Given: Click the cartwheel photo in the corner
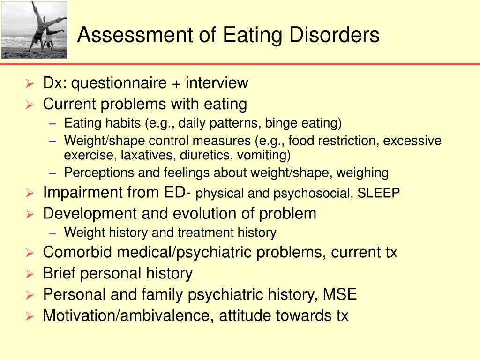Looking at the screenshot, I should pos(34,30).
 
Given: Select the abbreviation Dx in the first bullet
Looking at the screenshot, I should pos(52,83).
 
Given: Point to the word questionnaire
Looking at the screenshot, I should pos(113,83).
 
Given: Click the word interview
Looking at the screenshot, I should pos(217,83).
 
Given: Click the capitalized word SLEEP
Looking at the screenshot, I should pos(379,194).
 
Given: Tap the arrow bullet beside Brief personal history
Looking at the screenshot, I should pos(29,274).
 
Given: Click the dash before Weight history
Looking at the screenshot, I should pos(53,232).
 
